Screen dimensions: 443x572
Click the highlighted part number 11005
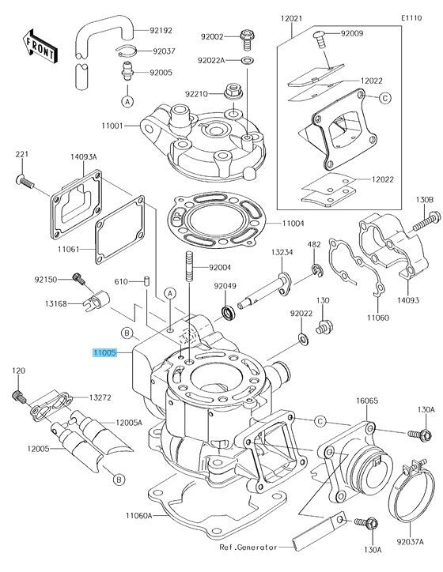(x=104, y=352)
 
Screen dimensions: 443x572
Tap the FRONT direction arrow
(x=40, y=46)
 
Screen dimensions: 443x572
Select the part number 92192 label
(x=161, y=31)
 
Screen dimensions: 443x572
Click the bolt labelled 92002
(x=247, y=40)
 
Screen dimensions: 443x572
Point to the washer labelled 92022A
(x=248, y=59)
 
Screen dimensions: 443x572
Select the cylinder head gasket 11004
(x=217, y=220)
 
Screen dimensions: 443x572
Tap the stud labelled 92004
(x=189, y=267)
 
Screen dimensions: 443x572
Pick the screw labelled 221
(x=25, y=182)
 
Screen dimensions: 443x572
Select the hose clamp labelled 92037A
(x=411, y=490)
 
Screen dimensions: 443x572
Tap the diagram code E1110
(x=411, y=18)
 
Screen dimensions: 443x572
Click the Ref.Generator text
(x=248, y=548)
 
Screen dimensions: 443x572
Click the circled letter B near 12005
(x=119, y=479)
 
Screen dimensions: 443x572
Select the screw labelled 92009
(x=320, y=40)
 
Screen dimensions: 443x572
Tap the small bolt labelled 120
(x=19, y=397)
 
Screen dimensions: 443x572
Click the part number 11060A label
(x=138, y=515)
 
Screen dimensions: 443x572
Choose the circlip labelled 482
(x=316, y=270)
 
